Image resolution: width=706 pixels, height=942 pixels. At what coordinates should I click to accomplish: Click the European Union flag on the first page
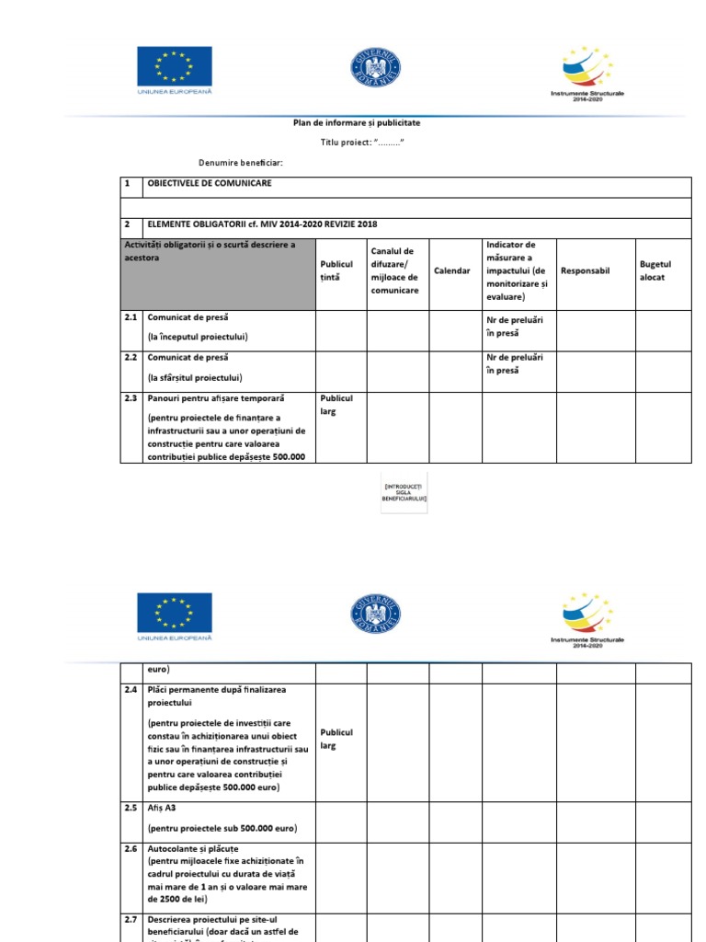point(175,67)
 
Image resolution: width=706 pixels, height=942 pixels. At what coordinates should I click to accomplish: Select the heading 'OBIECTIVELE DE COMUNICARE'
point(209,184)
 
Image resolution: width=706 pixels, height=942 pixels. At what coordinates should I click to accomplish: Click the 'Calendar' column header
point(452,271)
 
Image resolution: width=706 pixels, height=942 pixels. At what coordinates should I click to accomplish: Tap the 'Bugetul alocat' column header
point(655,270)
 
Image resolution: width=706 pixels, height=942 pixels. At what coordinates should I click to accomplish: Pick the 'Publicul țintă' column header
point(336,270)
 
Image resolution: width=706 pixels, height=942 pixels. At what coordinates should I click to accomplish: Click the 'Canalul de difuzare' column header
point(394,270)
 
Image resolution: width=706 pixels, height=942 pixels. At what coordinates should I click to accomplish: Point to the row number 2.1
point(131,317)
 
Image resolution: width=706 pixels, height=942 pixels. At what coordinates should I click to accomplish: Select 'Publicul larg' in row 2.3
point(336,406)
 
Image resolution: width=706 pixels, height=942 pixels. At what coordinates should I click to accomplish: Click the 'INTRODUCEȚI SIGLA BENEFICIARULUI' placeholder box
point(404,494)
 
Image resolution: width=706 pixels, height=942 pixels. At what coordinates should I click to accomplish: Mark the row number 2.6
point(131,848)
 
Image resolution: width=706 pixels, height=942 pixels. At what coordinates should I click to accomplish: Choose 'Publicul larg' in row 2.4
point(336,740)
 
